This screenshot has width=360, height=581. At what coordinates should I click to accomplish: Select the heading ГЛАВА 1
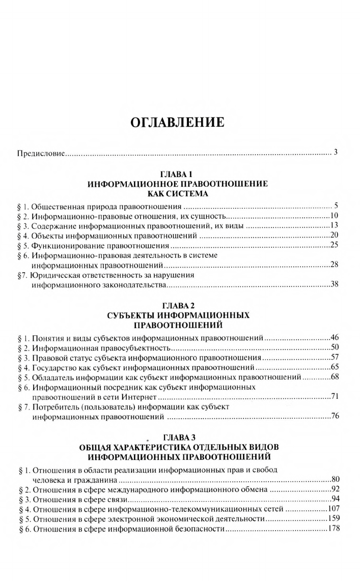[x=178, y=174]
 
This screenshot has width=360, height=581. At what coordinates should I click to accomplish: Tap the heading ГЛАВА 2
[x=178, y=305]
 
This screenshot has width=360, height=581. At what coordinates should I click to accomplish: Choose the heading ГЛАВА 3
[x=178, y=437]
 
